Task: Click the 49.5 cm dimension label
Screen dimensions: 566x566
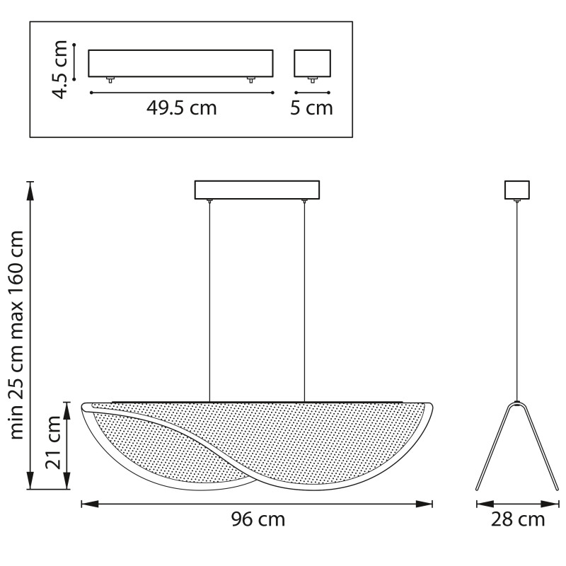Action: [182, 108]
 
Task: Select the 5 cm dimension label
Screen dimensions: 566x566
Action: [311, 108]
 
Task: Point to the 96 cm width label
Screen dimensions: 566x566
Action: [258, 519]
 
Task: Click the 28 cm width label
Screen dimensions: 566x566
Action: [518, 519]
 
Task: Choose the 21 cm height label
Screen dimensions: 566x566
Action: [53, 441]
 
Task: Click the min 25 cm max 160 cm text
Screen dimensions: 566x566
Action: [16, 335]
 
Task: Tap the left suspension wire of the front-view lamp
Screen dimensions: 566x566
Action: [209, 301]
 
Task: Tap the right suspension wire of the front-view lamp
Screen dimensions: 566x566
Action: [304, 301]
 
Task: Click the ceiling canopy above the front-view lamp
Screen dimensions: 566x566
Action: [257, 190]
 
